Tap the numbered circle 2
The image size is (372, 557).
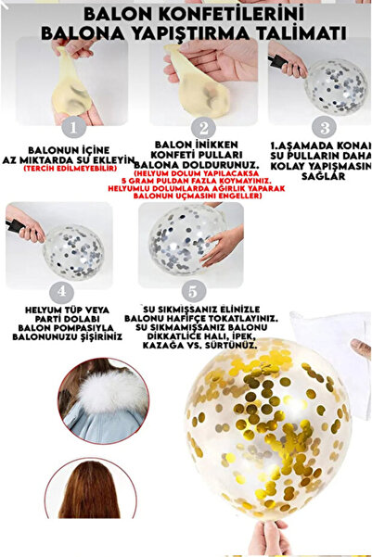(x=201, y=128)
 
